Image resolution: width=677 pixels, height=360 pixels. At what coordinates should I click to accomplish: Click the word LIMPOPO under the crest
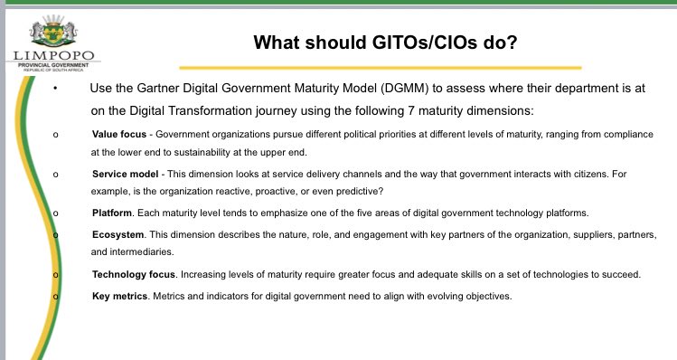(52, 55)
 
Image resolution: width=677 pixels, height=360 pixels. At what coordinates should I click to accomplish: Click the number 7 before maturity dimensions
(401, 110)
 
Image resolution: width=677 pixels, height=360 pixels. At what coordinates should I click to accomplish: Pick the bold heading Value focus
(118, 134)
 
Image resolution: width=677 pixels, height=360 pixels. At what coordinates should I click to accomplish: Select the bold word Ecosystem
(118, 234)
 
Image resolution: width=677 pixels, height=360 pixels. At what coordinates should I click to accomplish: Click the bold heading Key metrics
(120, 296)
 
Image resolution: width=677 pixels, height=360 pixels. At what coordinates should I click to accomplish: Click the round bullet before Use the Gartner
(55, 89)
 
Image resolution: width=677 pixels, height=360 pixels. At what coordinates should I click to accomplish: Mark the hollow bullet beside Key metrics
(55, 296)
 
